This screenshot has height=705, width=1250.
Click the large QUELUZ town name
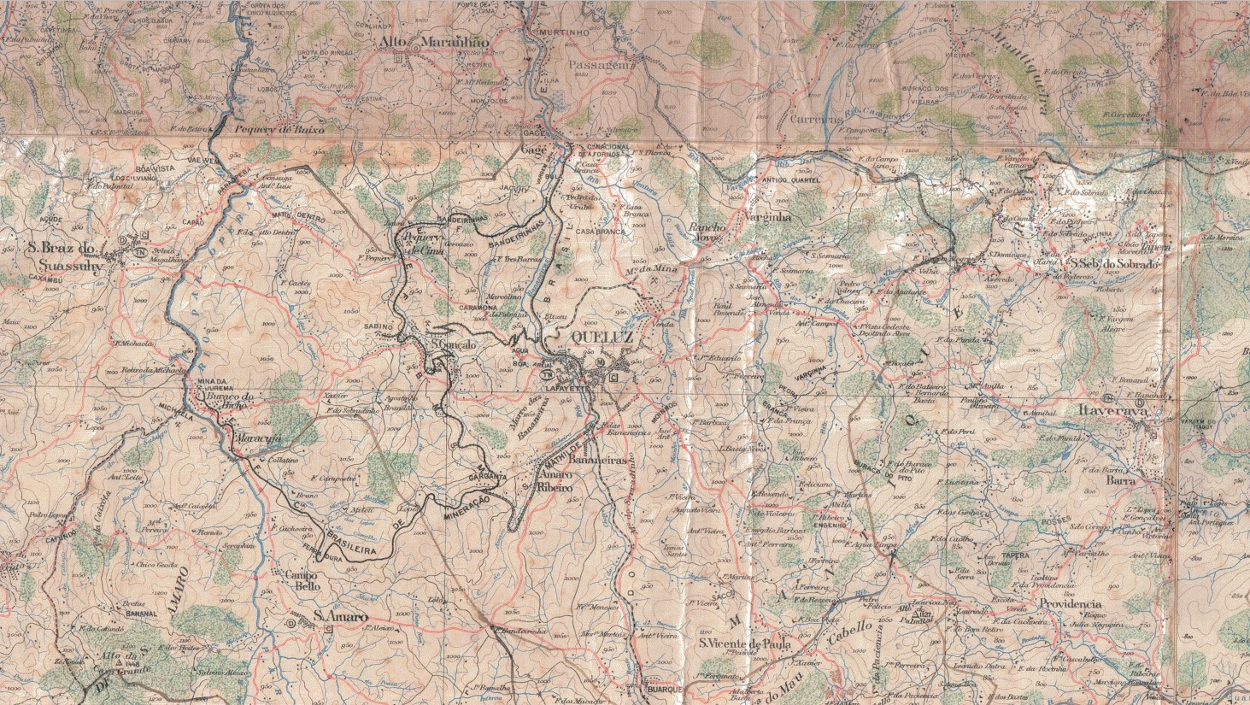point(601,338)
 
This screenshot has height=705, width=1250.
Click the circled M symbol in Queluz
point(600,362)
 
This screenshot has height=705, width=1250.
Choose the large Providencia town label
point(1070,603)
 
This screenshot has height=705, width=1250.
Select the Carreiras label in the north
point(816,120)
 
